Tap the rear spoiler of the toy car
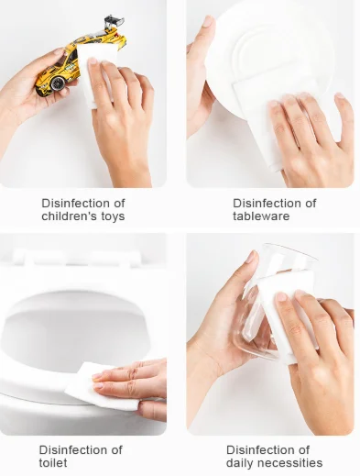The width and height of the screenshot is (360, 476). (x=115, y=22)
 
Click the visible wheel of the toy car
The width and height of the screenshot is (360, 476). (x=57, y=83)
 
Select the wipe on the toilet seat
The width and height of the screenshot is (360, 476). (x=101, y=387)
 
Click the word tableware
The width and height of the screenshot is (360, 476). (x=261, y=216)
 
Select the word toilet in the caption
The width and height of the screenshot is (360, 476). (x=53, y=462)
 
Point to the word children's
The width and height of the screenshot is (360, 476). (x=70, y=216)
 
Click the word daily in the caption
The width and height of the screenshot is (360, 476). (x=241, y=463)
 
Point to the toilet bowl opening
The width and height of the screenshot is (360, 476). (x=76, y=333)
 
